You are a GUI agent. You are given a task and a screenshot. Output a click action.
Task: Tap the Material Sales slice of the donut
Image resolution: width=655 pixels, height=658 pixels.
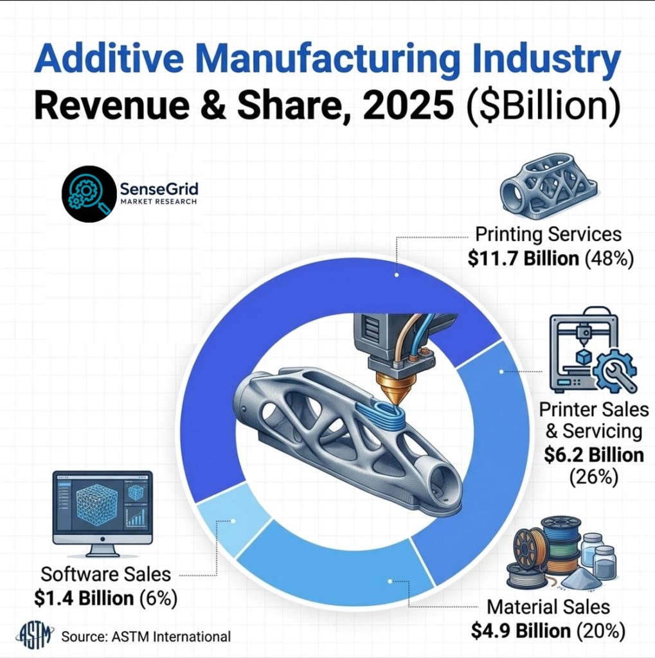point(336,575)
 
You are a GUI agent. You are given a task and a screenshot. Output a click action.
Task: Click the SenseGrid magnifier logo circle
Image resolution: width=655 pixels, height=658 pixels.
point(89,194)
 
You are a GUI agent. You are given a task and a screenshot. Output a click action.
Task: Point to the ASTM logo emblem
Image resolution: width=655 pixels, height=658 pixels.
point(37,635)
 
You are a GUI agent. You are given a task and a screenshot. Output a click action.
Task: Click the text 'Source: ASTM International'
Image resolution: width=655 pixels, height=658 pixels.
point(146,637)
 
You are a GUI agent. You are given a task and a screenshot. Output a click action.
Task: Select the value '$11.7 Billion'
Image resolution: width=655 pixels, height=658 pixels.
point(523,258)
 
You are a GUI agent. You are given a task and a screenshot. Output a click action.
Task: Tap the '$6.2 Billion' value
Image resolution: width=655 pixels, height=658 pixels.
point(594,455)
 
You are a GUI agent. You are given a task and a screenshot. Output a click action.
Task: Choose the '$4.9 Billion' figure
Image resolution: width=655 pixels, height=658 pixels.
point(521,630)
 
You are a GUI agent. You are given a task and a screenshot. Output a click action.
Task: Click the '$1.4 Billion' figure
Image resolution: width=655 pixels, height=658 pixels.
point(84,598)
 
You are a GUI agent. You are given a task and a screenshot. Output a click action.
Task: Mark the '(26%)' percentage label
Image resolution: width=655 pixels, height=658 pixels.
point(594,477)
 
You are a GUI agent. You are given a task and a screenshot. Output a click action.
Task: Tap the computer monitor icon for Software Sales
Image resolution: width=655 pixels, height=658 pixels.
point(103,513)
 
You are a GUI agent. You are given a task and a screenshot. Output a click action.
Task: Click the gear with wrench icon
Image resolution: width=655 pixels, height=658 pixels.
point(615,371)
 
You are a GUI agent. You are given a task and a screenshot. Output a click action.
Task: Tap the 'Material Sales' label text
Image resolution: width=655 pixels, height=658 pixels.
point(548,607)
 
